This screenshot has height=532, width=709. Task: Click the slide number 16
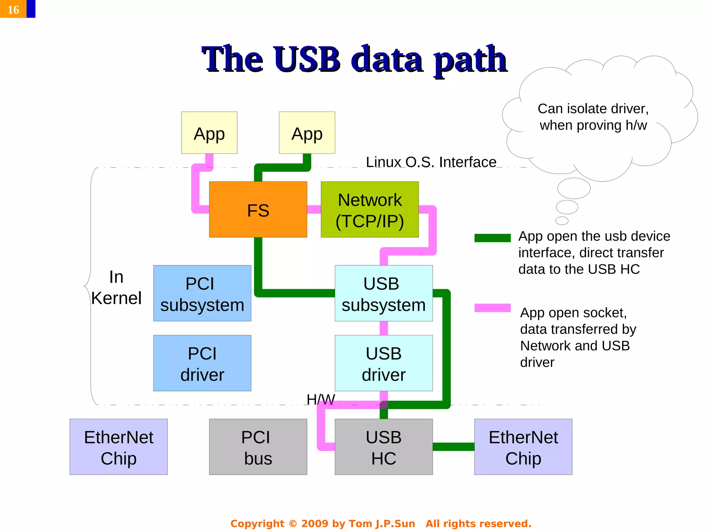[13, 9]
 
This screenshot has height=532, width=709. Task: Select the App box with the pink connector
[209, 133]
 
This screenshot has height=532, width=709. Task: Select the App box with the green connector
[307, 133]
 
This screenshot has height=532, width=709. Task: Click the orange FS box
[258, 210]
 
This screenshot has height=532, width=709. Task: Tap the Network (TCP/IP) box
[370, 210]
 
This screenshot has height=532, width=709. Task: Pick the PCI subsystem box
[202, 293]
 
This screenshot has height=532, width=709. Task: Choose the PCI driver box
[202, 363]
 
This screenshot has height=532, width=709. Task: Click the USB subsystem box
[384, 293]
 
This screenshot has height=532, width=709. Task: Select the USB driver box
[384, 363]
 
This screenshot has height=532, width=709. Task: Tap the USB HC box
[384, 447]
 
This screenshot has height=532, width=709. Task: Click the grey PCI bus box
[258, 447]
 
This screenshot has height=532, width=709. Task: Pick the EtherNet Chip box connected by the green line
[523, 447]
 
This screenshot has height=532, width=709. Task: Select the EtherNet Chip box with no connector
[118, 447]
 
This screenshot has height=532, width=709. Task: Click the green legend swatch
[492, 238]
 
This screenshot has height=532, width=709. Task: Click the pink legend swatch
[492, 308]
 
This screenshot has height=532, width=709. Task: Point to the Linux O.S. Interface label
[431, 162]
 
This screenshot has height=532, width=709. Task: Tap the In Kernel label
[116, 287]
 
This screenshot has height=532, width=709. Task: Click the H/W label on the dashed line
[321, 399]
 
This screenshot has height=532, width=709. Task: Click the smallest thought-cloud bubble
[562, 221]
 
